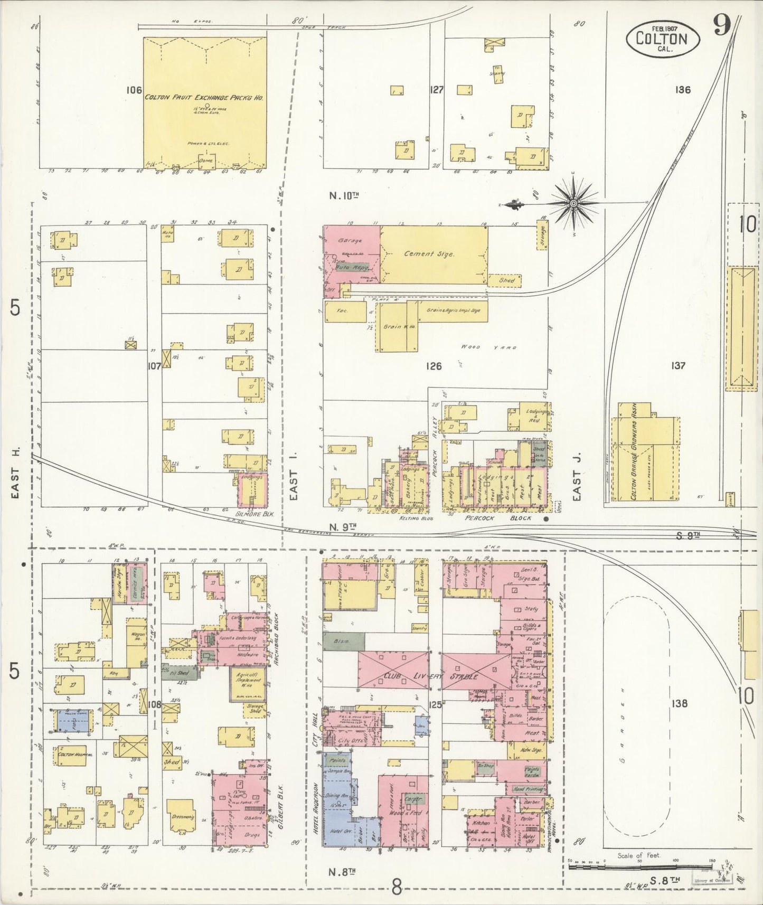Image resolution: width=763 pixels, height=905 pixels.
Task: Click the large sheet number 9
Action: coord(722,25)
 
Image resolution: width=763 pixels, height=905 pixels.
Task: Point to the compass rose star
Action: coord(573,202)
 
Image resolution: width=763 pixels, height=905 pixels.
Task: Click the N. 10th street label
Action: coord(344,195)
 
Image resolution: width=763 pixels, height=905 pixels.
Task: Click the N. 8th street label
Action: coord(344,871)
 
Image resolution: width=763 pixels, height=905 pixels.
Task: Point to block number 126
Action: coord(433,366)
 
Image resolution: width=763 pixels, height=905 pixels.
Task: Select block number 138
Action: coord(680,703)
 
